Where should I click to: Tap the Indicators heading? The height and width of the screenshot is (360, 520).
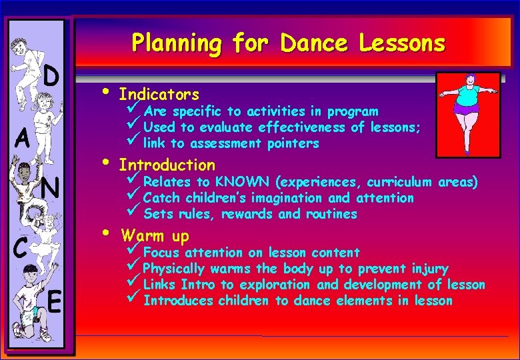pyautogui.click(x=159, y=94)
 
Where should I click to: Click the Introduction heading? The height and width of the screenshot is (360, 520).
pyautogui.click(x=167, y=165)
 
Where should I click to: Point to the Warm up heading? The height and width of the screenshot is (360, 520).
pyautogui.click(x=155, y=236)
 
